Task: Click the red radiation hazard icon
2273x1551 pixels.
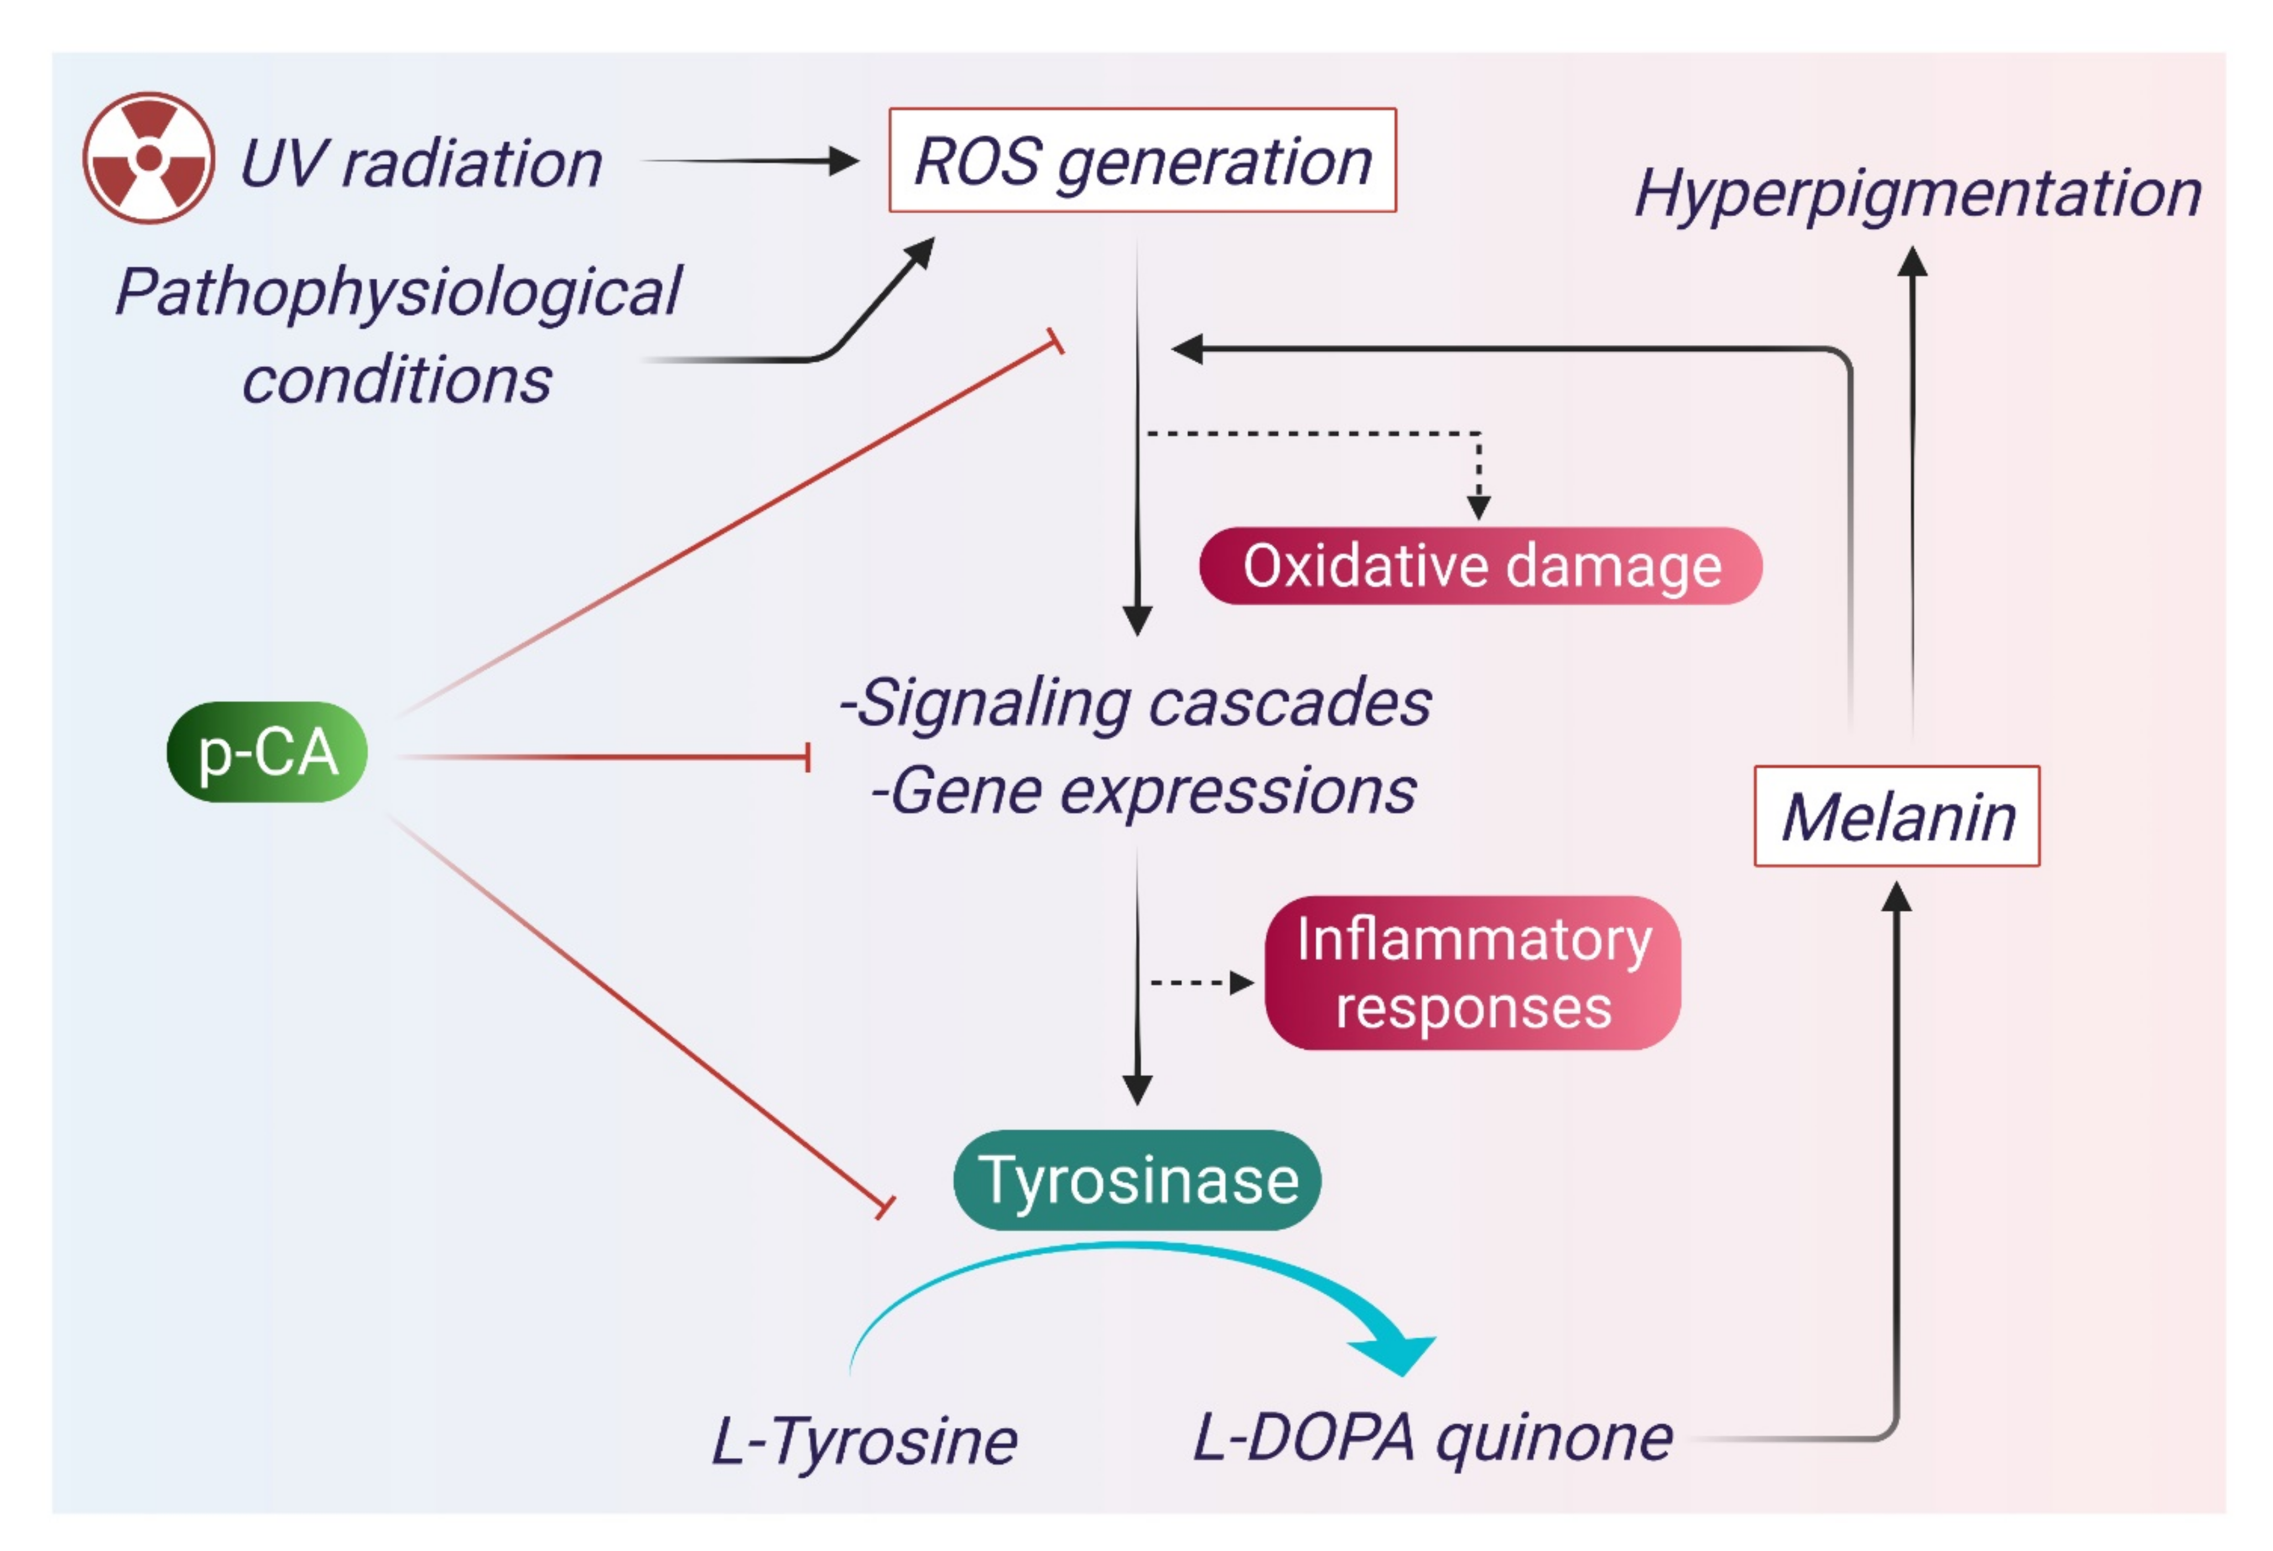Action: coord(149,159)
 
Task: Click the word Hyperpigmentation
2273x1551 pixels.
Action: coord(1917,194)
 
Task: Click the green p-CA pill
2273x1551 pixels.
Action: coord(267,752)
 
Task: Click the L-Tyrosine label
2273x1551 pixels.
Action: coord(864,1440)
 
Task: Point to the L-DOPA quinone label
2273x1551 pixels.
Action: coord(1432,1438)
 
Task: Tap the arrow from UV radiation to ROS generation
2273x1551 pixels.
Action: coord(748,161)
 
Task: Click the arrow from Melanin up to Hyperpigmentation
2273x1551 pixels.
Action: coord(1912,489)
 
